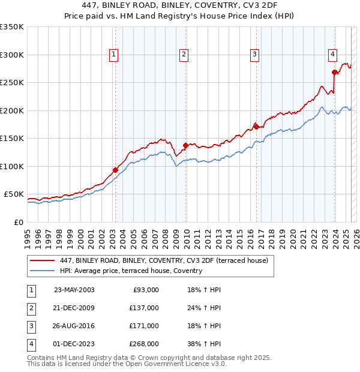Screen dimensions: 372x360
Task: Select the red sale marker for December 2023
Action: click(x=334, y=72)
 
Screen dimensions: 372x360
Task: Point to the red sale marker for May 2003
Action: click(x=115, y=170)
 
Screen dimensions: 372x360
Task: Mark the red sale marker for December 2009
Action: click(x=185, y=145)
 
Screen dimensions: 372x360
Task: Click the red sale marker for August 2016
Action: click(x=256, y=127)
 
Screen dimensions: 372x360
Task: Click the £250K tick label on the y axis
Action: click(x=12, y=82)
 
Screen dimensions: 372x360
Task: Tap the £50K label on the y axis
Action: click(x=14, y=194)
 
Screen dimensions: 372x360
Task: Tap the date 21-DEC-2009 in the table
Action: click(x=74, y=308)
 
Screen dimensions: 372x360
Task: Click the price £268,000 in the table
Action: click(x=144, y=344)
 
